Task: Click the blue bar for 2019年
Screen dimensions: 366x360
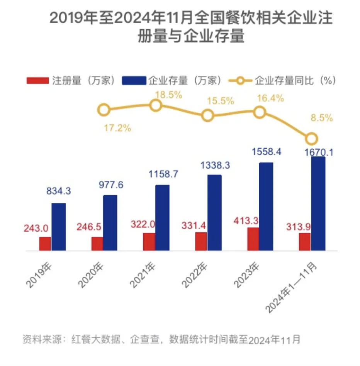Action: point(58,227)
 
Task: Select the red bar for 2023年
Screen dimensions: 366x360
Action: point(253,239)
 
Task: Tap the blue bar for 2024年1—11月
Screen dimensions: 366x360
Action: point(318,203)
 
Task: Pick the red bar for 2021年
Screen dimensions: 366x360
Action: point(149,242)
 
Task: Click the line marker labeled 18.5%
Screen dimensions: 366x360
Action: point(155,105)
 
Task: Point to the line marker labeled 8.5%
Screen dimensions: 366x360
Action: point(312,139)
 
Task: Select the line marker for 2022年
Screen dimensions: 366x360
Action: point(208,115)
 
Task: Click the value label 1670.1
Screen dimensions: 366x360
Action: point(318,152)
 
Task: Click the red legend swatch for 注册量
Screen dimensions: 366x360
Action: point(38,81)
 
